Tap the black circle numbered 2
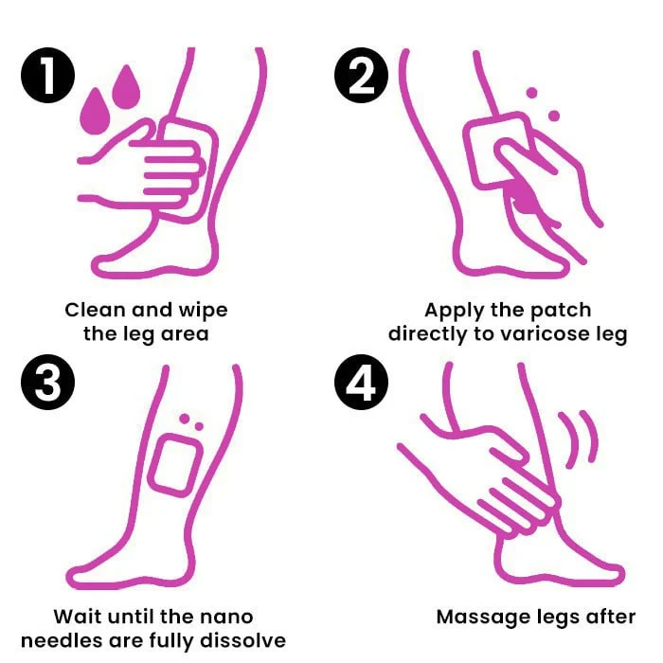[361, 77]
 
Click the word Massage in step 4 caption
[477, 617]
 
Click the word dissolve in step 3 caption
[244, 641]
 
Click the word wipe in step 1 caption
[201, 310]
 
